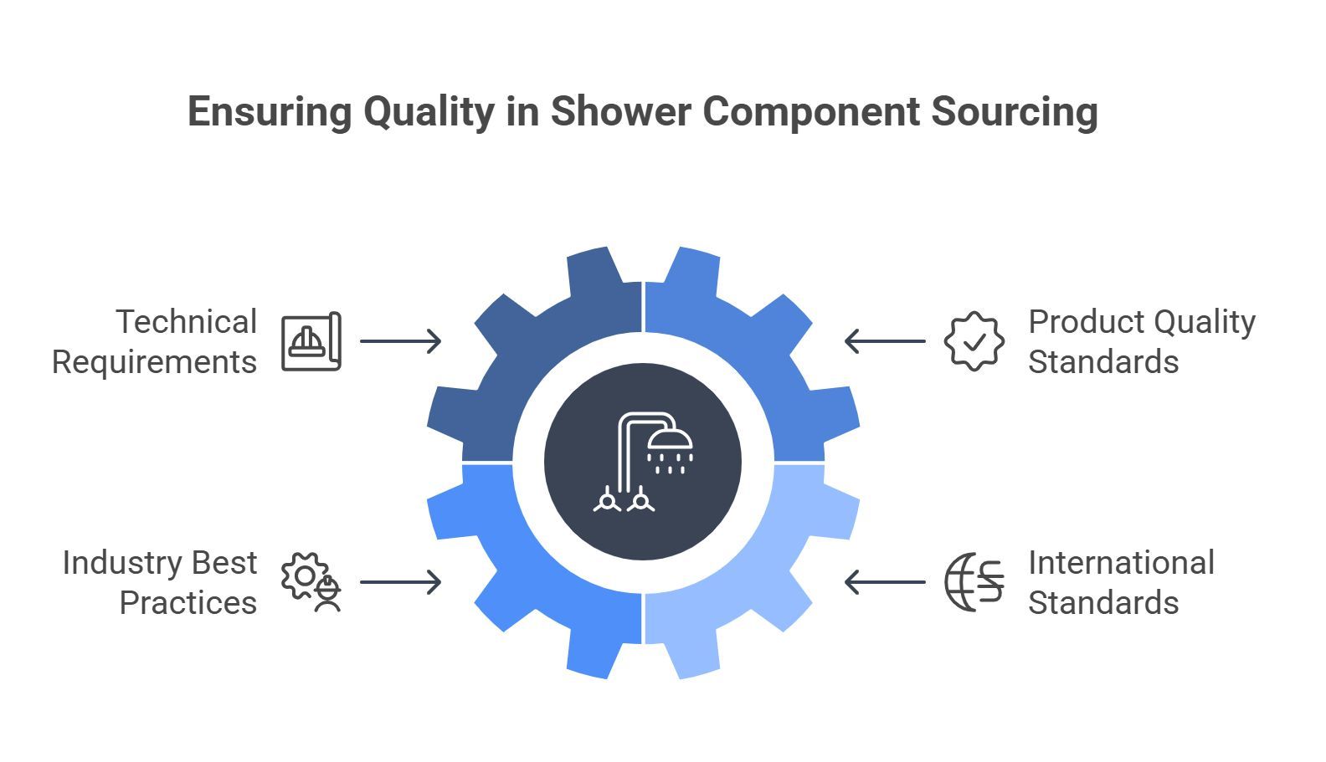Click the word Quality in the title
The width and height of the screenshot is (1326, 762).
[x=429, y=112]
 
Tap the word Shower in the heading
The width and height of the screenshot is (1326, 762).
[x=620, y=111]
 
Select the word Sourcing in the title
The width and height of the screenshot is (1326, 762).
[x=1015, y=112]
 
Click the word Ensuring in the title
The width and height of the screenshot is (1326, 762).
[x=270, y=112]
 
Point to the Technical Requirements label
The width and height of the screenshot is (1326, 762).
[x=155, y=341]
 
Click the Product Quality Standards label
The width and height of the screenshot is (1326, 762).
[x=1142, y=341]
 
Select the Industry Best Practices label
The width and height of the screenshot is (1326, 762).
[x=160, y=582]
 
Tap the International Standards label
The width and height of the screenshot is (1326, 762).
[x=1121, y=582]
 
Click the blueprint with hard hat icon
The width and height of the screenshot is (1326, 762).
[x=311, y=341]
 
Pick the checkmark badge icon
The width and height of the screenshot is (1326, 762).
[x=974, y=341]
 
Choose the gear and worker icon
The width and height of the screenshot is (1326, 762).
[x=311, y=582]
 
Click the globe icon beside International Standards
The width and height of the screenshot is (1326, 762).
[x=974, y=582]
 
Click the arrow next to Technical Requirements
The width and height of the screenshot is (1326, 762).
[x=401, y=341]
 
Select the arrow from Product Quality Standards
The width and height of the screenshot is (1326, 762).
[x=885, y=341]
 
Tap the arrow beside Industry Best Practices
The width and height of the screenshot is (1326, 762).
[x=401, y=582]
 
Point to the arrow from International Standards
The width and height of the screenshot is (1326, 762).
[x=885, y=582]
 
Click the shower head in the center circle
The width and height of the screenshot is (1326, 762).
[x=670, y=451]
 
